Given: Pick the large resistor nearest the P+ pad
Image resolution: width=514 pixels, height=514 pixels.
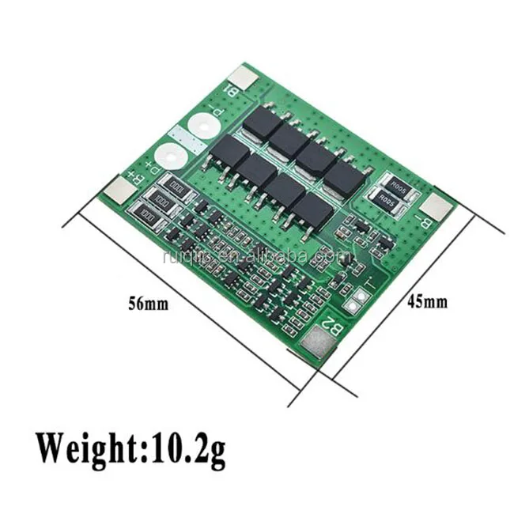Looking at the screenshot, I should point(172,188).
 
